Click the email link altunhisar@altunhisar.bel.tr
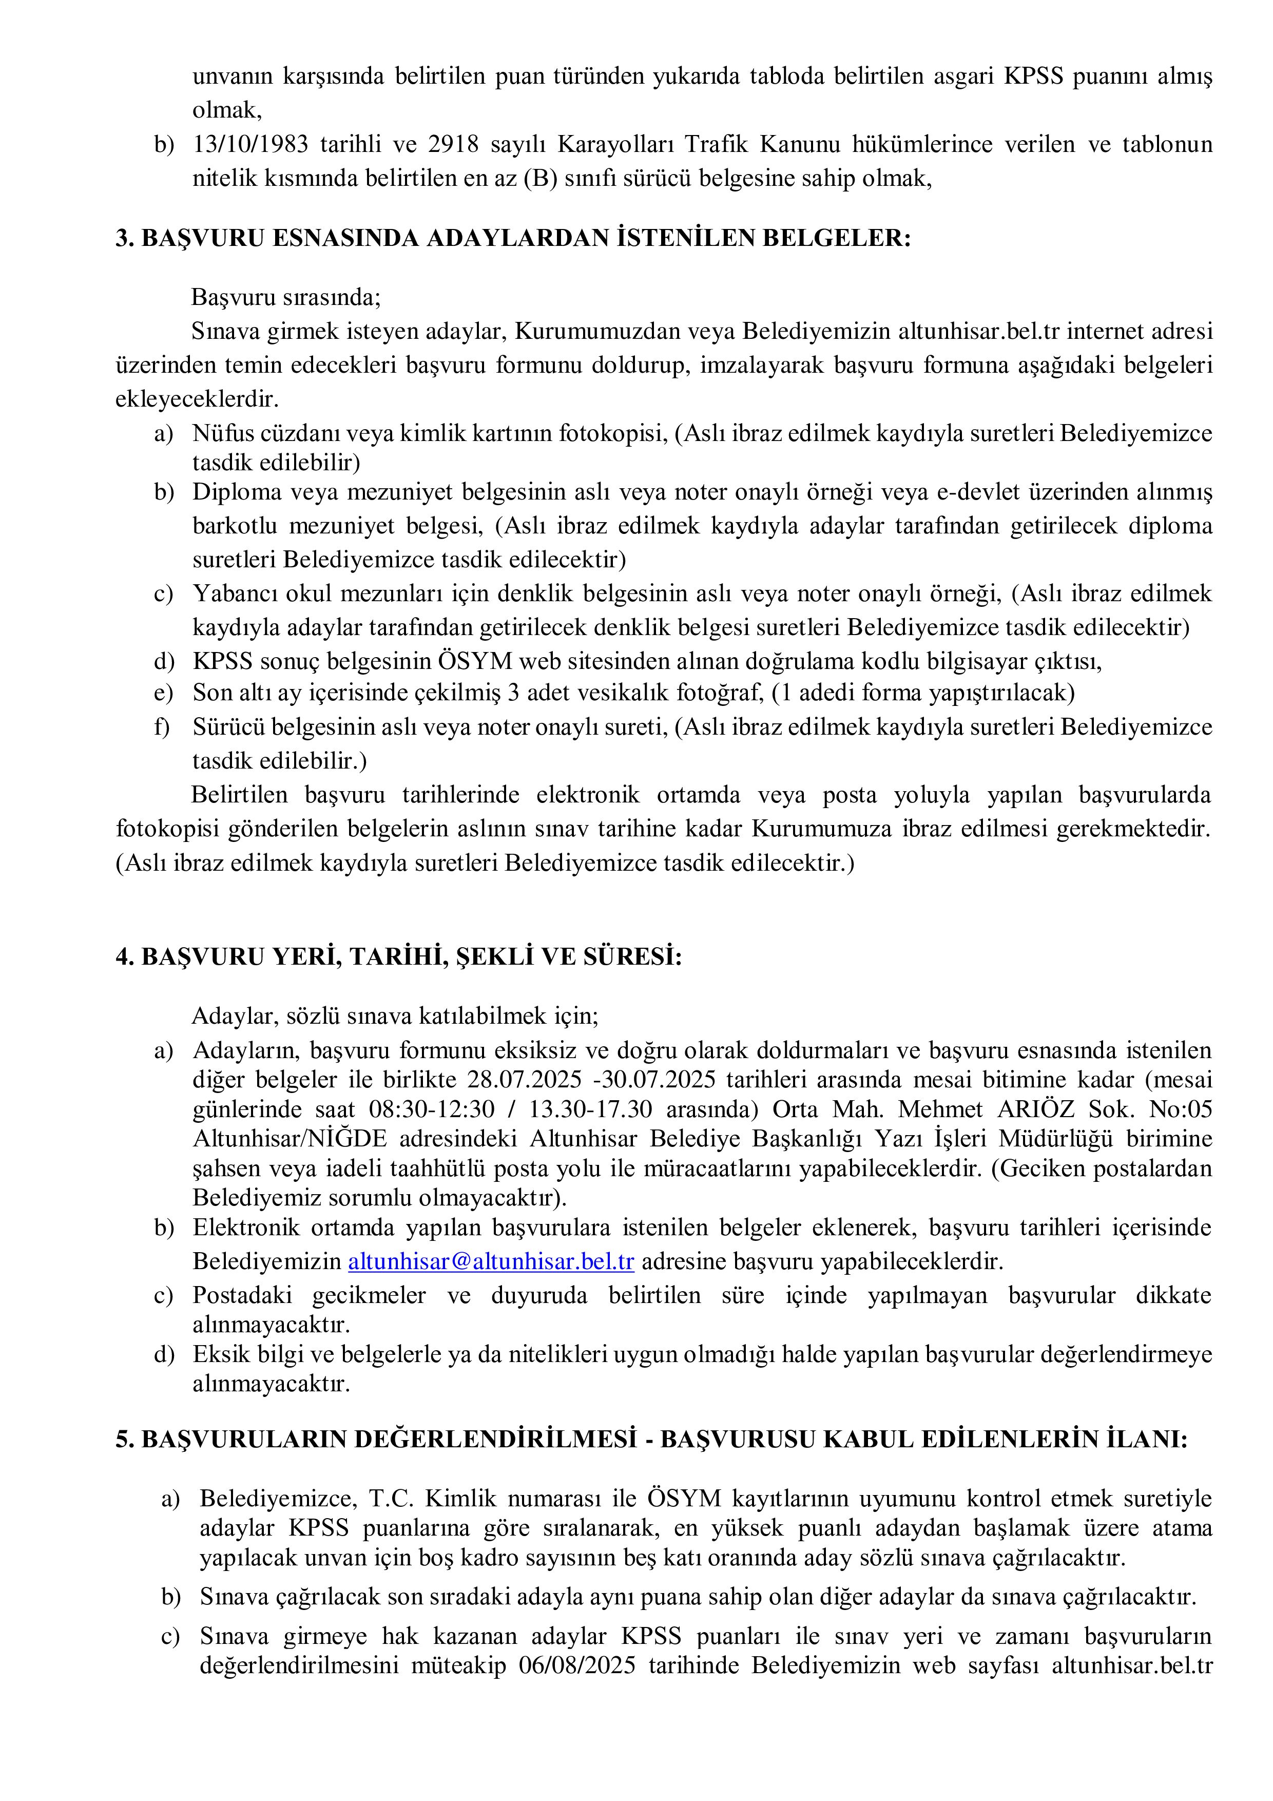(491, 1262)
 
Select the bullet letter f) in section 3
(162, 727)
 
